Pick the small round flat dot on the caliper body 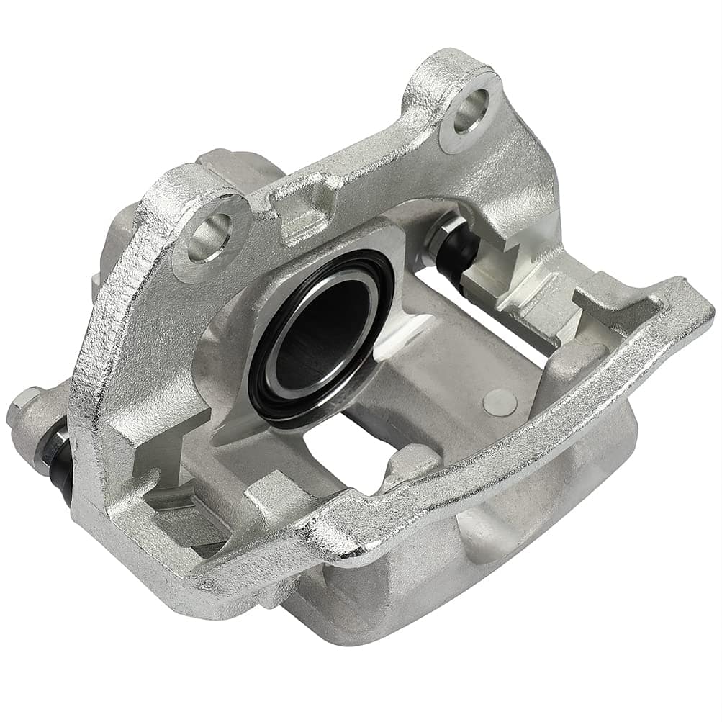pos(500,402)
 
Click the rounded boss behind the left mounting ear pos(115,238)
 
